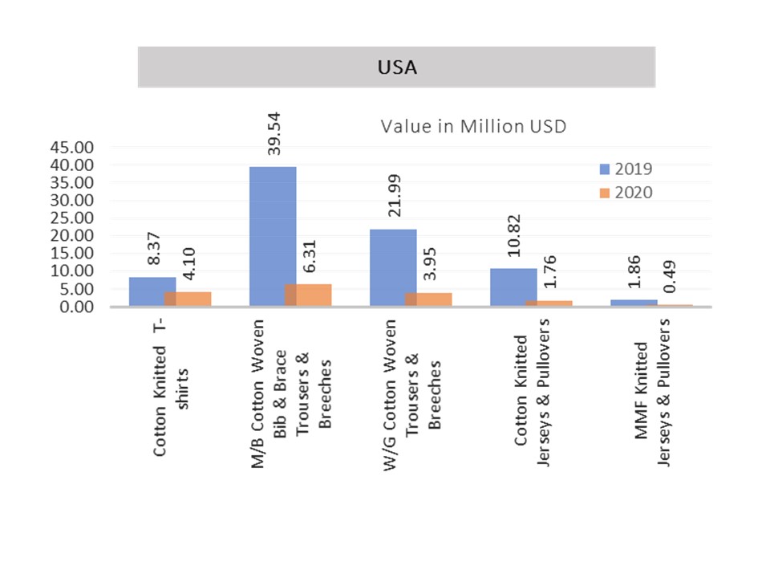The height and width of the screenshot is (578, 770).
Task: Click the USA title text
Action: click(397, 67)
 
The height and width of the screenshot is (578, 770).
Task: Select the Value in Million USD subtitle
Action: click(473, 126)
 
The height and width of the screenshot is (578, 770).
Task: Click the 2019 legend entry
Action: click(626, 169)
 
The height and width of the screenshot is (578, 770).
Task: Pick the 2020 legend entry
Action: click(626, 193)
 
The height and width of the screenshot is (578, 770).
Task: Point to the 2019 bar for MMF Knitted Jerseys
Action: click(633, 303)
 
